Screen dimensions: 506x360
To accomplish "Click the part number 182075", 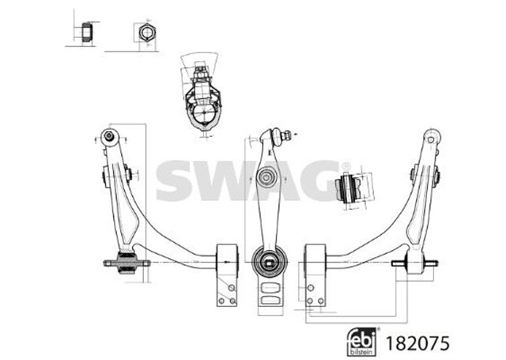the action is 417,343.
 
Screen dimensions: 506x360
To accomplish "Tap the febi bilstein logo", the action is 362,342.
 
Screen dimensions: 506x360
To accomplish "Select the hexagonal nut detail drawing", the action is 148,32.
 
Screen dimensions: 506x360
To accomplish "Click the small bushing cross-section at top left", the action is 87,32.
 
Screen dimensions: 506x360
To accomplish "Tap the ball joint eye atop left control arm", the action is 110,137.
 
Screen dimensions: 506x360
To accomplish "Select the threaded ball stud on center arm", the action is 281,135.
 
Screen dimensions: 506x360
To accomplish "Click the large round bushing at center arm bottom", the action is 269,261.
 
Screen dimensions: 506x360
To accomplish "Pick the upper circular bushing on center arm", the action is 266,177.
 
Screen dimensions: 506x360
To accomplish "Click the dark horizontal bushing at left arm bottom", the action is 126,263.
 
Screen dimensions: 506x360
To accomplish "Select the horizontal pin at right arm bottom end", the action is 415,263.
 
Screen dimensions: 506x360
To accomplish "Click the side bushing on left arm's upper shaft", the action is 117,176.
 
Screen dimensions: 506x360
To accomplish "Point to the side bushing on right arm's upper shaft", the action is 425,176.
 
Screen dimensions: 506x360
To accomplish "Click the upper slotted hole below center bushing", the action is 270,287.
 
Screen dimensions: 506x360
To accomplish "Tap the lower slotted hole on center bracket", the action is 270,300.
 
